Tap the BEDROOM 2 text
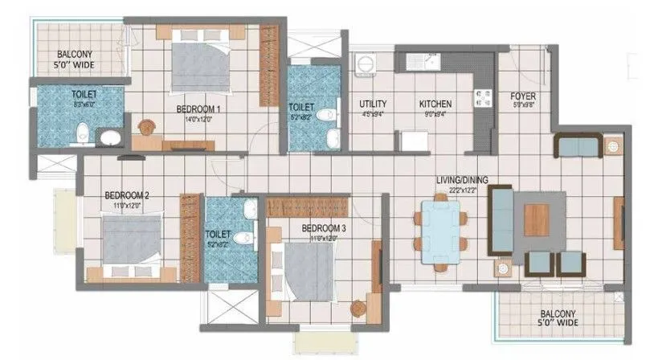tap(127, 195)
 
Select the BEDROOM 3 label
tap(324, 228)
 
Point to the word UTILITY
tap(373, 104)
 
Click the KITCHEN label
tap(435, 104)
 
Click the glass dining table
tap(439, 227)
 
